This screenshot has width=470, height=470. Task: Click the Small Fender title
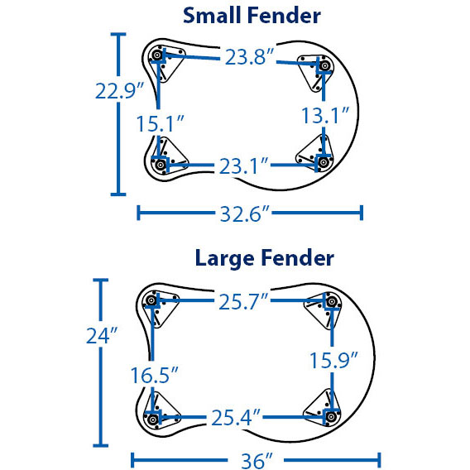pos(252,15)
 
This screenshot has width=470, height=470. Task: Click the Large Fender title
pos(265,258)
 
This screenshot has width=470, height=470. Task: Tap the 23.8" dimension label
pos(249,56)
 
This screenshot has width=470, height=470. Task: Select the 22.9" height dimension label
pos(119,90)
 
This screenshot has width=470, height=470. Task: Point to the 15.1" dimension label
pos(160,123)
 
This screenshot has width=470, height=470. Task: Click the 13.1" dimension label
pos(325,115)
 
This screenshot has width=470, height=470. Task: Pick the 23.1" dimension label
pos(243,166)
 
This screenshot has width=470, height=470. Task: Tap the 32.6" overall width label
pos(245,214)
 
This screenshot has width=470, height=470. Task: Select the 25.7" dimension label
pos(243,301)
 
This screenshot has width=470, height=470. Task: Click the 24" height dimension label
pos(102,335)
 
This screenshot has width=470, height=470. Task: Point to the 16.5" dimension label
pos(154,375)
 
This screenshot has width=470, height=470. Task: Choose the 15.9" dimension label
pos(333,360)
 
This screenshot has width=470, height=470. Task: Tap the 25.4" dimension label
pos(236,418)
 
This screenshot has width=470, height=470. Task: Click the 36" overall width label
pos(257,461)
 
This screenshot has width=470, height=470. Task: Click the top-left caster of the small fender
pos(156,55)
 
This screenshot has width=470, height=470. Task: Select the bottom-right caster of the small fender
pos(324,162)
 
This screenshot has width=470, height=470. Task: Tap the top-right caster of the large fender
pos(332,301)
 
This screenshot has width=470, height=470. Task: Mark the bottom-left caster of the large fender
pos(152,420)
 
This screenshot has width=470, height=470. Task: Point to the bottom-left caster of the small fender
pos(161,165)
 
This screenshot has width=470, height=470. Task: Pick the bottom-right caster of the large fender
pos(331,417)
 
